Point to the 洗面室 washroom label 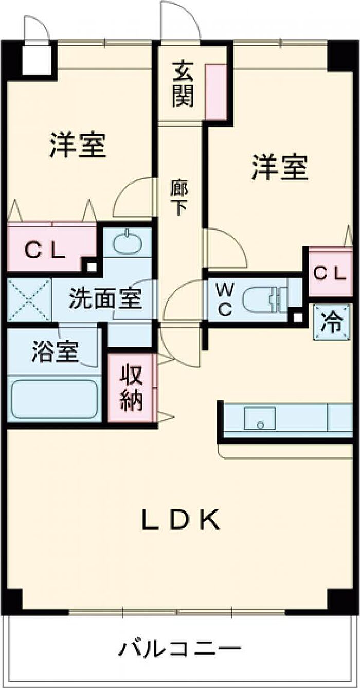[105, 299]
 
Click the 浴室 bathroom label [55, 351]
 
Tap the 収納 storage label [132, 388]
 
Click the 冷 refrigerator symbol [331, 323]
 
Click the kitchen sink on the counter [260, 418]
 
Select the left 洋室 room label [78, 145]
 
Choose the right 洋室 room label [280, 167]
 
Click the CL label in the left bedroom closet [45, 251]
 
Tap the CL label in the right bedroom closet [330, 273]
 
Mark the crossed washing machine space [29, 300]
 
